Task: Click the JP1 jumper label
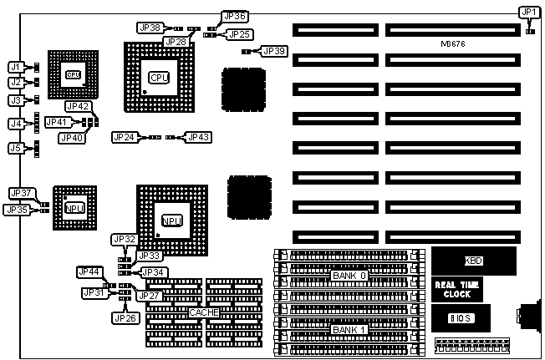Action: tap(528, 12)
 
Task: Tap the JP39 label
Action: tap(273, 51)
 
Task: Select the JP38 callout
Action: tap(151, 28)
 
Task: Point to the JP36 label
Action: tap(235, 16)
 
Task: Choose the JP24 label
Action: tap(125, 137)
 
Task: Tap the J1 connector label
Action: tap(15, 67)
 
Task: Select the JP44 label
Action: tap(89, 271)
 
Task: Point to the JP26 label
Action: tap(125, 317)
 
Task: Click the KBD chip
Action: tap(473, 261)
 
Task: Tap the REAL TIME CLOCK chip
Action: tap(458, 289)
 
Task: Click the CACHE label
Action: tap(204, 312)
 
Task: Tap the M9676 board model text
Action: tap(456, 43)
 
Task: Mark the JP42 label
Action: tap(78, 107)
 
